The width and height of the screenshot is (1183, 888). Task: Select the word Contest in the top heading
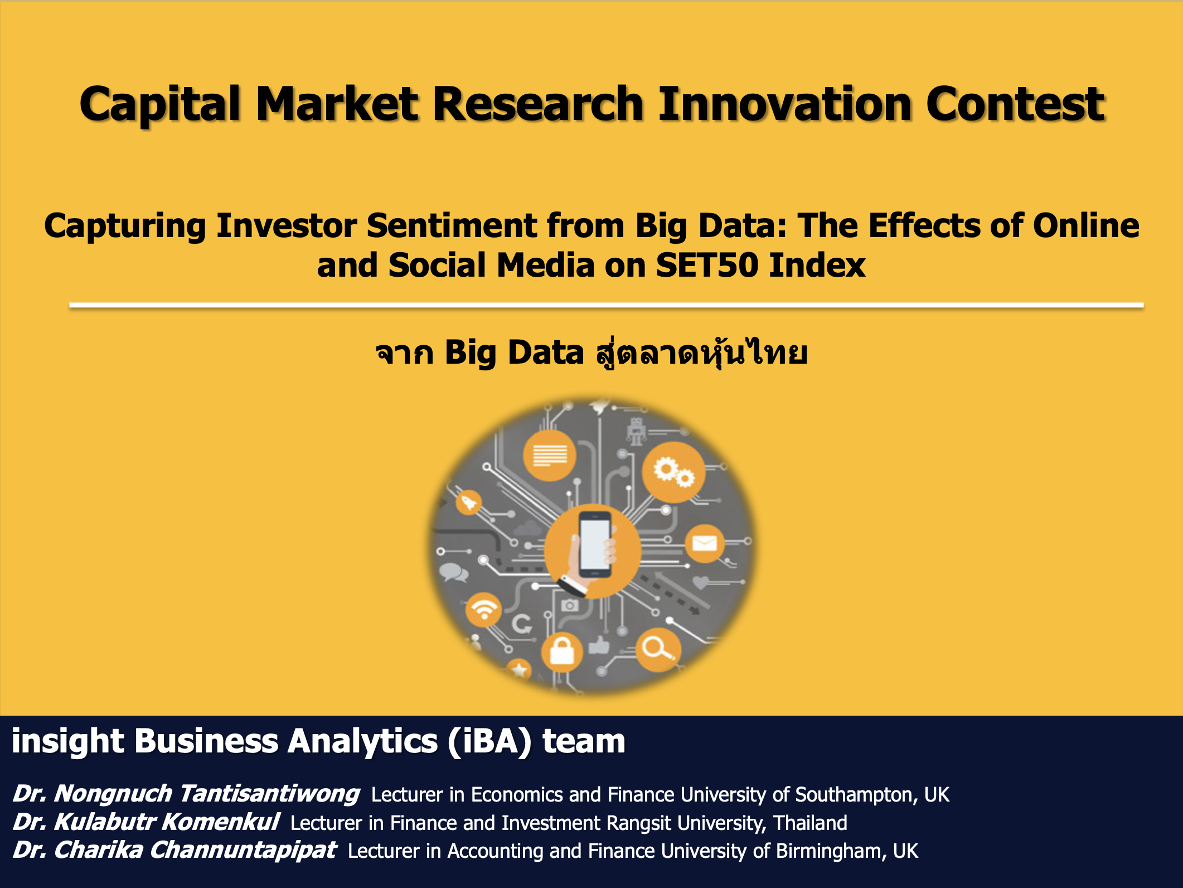point(1016,104)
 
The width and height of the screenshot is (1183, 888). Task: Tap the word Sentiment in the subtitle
point(452,226)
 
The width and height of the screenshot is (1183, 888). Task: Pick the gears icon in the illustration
point(674,472)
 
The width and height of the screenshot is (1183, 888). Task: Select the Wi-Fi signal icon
point(483,610)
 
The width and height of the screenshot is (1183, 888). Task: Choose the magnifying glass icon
point(658,649)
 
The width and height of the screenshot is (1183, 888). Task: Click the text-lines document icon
point(550,455)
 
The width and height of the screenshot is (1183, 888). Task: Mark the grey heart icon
point(700,582)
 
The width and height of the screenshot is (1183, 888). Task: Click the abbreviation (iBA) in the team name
point(489,742)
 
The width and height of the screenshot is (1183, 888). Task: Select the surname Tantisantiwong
point(270,794)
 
